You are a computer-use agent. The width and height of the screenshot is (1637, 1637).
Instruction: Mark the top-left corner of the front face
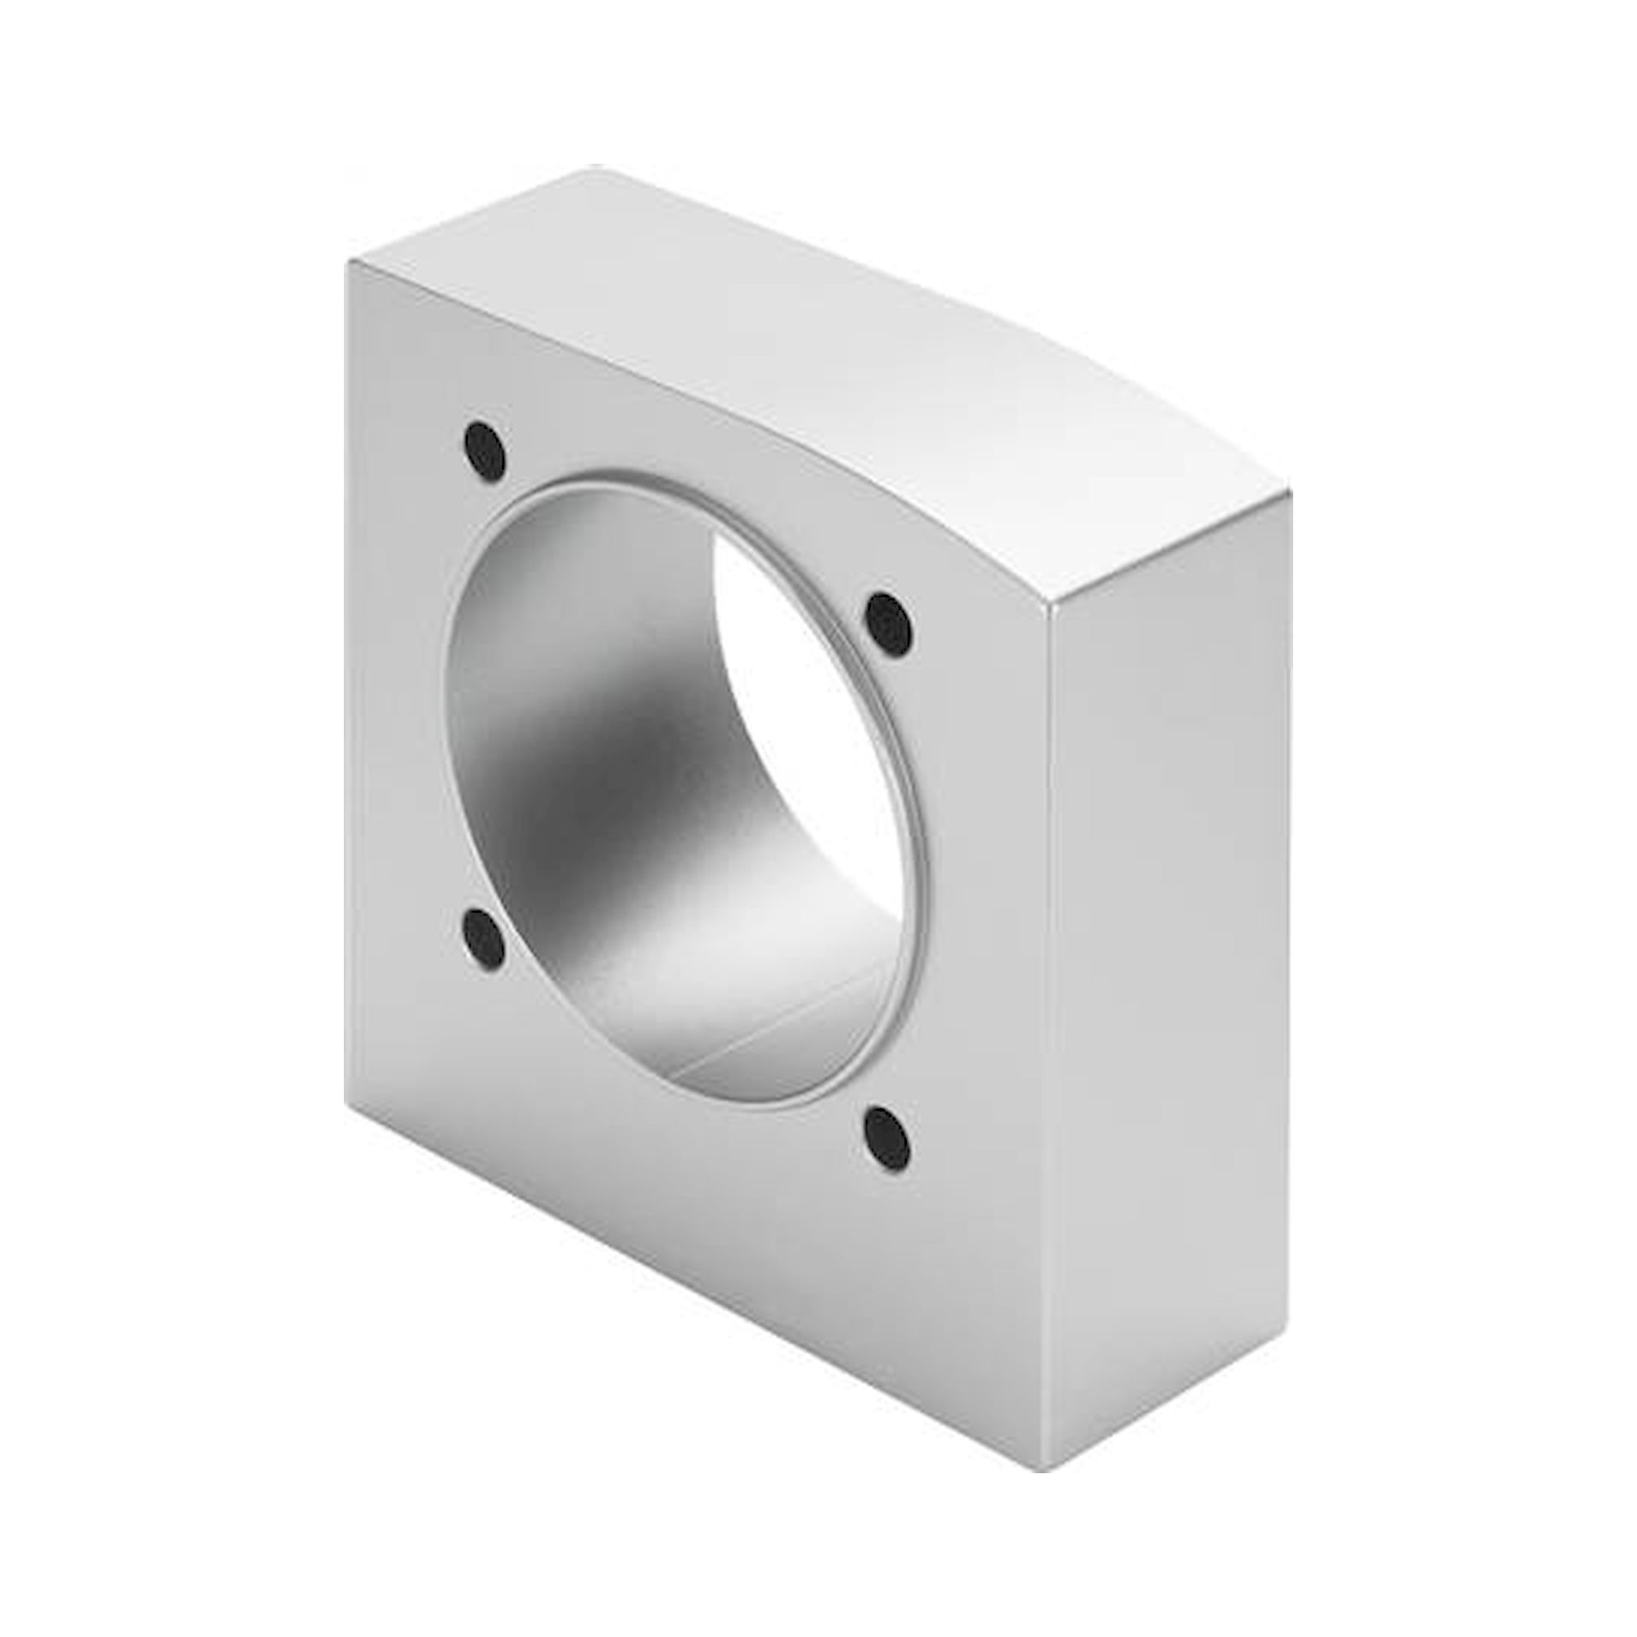(x=347, y=263)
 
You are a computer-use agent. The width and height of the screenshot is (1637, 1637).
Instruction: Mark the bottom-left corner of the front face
(x=345, y=1102)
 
